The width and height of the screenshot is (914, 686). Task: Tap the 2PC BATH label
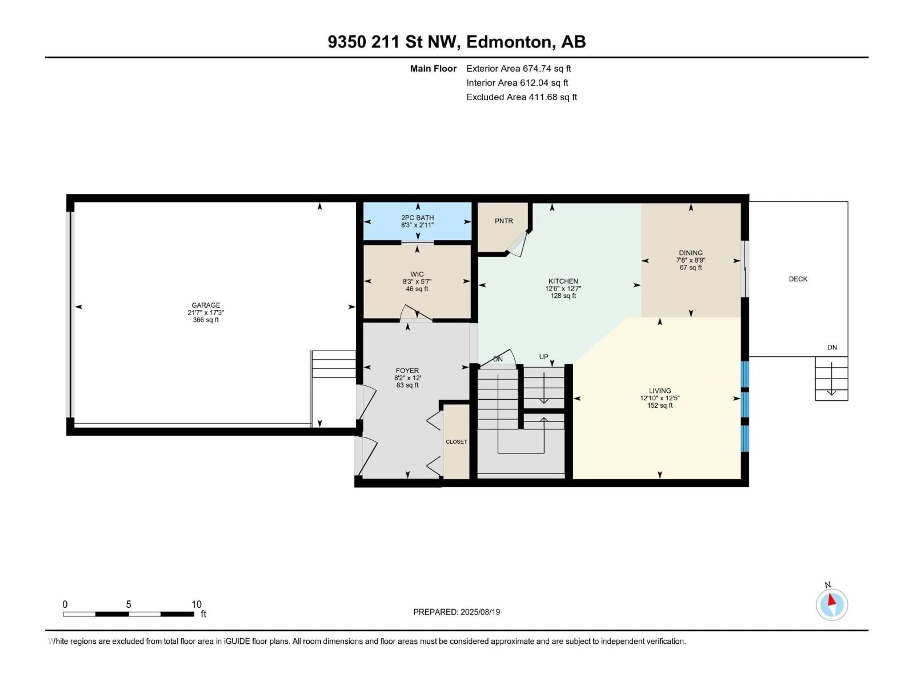(x=417, y=217)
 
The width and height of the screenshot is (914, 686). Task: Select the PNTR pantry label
(x=504, y=221)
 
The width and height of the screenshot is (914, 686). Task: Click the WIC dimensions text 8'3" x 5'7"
(x=417, y=282)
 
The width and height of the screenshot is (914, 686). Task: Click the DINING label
(x=690, y=253)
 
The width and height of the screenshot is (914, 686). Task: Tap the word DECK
(x=798, y=279)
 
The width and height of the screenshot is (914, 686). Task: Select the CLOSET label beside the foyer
(x=456, y=442)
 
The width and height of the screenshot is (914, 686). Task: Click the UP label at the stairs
(x=543, y=356)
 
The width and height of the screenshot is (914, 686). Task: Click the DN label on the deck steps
(x=832, y=347)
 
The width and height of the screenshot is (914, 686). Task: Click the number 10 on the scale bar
(x=196, y=604)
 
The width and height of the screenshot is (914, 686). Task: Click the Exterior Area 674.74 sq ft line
(x=519, y=69)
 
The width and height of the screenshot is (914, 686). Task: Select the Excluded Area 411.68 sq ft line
(x=522, y=97)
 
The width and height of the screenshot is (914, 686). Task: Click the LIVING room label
(x=660, y=391)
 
